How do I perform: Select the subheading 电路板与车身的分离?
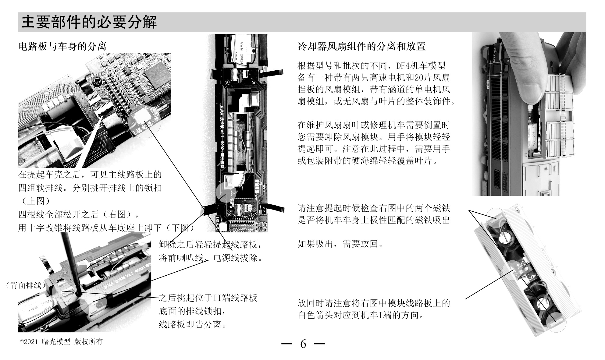62,46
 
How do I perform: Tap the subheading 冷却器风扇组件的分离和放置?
361,46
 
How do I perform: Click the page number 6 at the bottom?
303,344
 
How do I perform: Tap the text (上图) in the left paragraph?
34,201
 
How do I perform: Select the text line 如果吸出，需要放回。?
340,244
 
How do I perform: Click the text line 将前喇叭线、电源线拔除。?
211,258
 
